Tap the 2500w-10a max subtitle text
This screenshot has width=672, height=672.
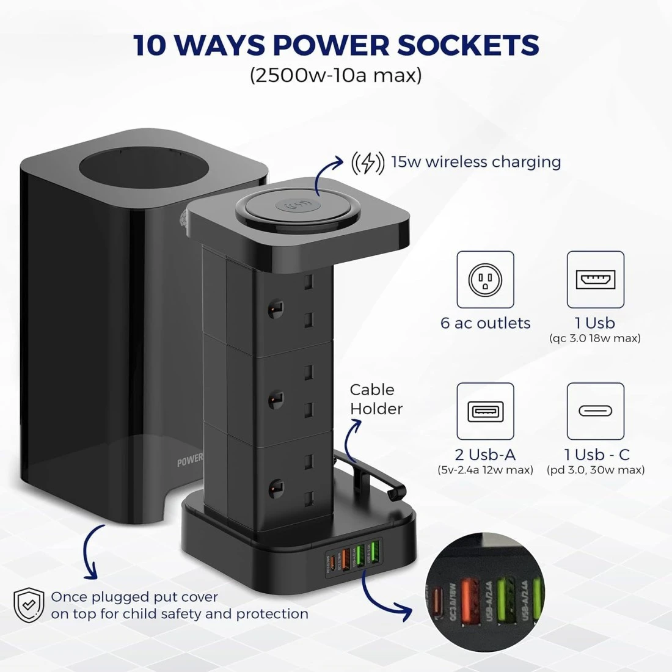tap(335, 76)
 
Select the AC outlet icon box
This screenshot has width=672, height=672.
tap(485, 280)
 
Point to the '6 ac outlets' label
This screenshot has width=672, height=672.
tap(485, 323)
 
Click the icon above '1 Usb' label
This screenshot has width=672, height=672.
tap(595, 280)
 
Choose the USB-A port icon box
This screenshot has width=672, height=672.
tap(485, 411)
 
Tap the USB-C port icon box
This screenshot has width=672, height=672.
tap(595, 411)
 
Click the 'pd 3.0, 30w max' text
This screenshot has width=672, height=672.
tap(595, 470)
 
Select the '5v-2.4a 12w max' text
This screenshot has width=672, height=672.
tap(485, 470)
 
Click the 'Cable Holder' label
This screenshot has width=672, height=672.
tap(375, 399)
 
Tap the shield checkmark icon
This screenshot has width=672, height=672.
tap(29, 605)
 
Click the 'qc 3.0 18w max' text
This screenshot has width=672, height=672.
tap(595, 338)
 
